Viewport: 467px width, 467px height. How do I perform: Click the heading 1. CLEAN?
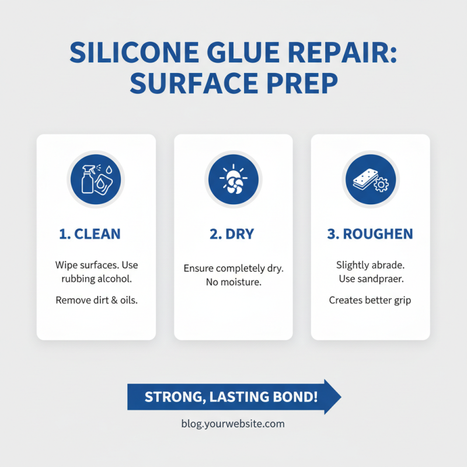90,235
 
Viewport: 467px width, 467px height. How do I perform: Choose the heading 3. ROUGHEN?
370,235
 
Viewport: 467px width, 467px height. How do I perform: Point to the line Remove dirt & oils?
96,301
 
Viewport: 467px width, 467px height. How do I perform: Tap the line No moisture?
233,283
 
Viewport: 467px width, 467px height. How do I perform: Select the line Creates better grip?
370,301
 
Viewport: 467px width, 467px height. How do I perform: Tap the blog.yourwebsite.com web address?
233,424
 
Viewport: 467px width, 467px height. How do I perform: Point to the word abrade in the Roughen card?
388,265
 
